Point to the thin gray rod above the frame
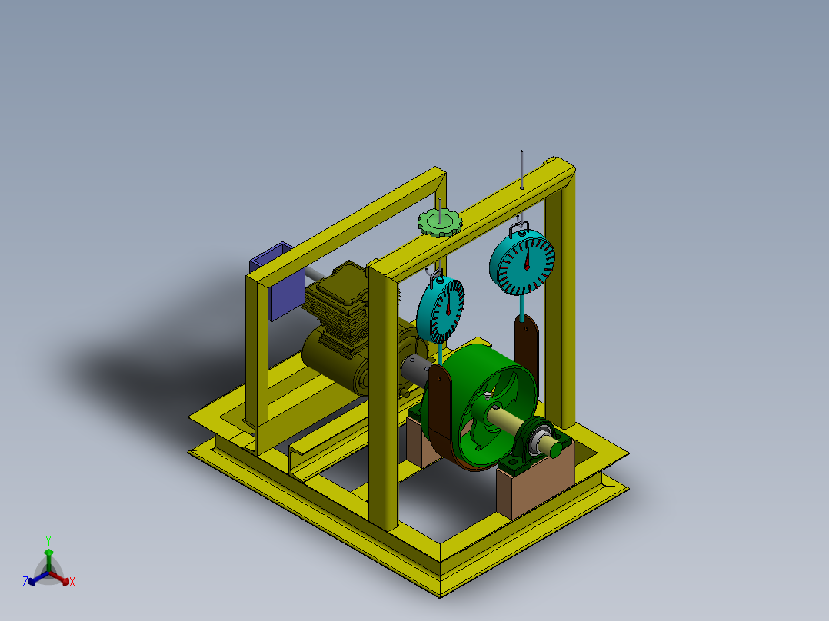(x=522, y=165)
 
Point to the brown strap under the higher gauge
(x=526, y=346)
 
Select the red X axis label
(x=72, y=583)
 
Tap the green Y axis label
(x=48, y=540)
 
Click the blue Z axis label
(x=25, y=583)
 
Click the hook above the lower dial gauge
(x=435, y=274)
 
